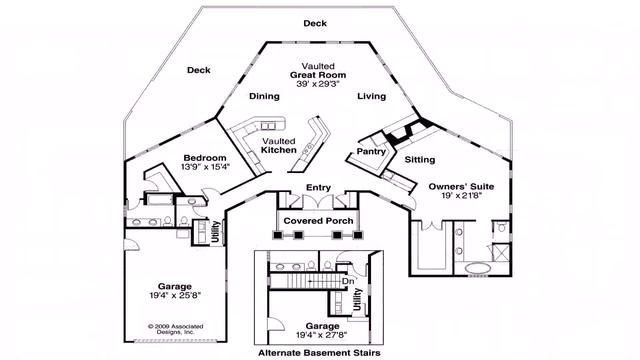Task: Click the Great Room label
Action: point(318,75)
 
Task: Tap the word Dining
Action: point(264,97)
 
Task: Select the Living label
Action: point(372,97)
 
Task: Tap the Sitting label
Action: point(420,159)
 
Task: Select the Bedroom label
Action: point(204,158)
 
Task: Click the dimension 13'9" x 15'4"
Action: point(204,167)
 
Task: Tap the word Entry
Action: point(318,187)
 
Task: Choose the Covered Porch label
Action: point(315,220)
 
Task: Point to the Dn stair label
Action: point(348,281)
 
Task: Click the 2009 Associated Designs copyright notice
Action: point(173,329)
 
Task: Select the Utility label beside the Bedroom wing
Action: point(215,231)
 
